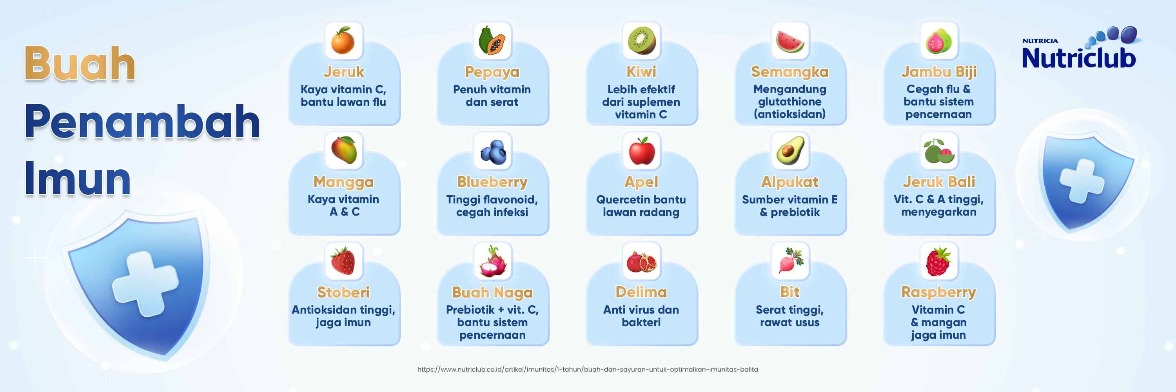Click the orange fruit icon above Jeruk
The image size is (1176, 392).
point(343,41)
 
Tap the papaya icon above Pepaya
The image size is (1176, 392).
point(492,41)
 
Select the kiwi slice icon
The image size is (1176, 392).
point(641,41)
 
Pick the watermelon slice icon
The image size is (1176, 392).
point(790,41)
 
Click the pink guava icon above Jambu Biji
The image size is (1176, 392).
point(938,41)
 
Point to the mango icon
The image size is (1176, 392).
point(344,150)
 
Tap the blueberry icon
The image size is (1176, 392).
point(493,151)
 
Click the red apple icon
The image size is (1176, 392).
point(642,151)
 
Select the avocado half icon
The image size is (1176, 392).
point(790,151)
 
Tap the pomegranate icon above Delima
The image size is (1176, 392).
point(641,261)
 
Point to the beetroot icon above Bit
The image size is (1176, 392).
point(791,261)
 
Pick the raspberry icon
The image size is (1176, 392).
point(938,261)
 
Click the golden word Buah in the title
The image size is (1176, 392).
point(80,64)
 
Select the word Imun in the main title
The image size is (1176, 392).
point(78,178)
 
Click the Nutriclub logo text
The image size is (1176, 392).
point(1078,58)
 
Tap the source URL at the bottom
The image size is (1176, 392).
point(588,370)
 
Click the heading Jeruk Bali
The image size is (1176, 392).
point(938,181)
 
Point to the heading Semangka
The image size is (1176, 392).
point(790,72)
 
